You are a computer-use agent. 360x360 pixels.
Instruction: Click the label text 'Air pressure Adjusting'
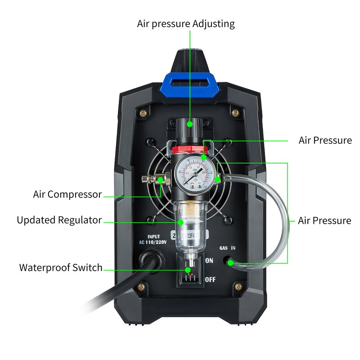tap(186, 23)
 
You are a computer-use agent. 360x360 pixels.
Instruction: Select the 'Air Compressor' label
tap(67, 194)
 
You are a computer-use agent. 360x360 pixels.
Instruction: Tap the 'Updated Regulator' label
tap(59, 220)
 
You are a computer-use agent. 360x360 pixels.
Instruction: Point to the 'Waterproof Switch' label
tap(61, 268)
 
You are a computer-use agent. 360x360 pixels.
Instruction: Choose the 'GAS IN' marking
tap(227, 248)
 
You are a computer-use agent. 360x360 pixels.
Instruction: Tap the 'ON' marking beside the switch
tap(209, 261)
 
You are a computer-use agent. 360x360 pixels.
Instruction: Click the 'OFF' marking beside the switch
tap(210, 279)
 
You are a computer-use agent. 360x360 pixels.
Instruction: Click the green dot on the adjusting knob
tap(190, 123)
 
